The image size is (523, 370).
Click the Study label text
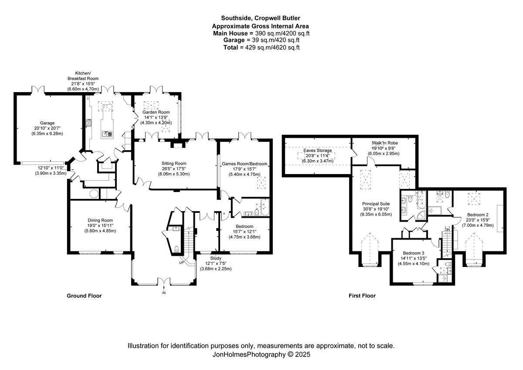point(216,258)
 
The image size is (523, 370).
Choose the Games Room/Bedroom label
point(245,164)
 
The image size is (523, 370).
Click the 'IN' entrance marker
point(164,293)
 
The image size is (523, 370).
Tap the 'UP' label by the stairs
point(181,263)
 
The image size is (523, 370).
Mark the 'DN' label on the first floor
point(447,230)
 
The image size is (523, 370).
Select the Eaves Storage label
point(318,151)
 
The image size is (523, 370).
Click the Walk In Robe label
point(384,143)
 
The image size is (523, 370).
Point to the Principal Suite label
point(376,203)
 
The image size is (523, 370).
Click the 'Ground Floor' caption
point(84,296)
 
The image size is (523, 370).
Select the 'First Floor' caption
point(362,296)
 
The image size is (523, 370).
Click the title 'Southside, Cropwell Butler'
point(261,18)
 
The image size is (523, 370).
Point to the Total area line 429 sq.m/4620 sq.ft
point(261,47)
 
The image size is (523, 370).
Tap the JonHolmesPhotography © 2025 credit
point(261,355)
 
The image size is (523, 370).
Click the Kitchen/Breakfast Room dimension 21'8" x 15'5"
point(81,84)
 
